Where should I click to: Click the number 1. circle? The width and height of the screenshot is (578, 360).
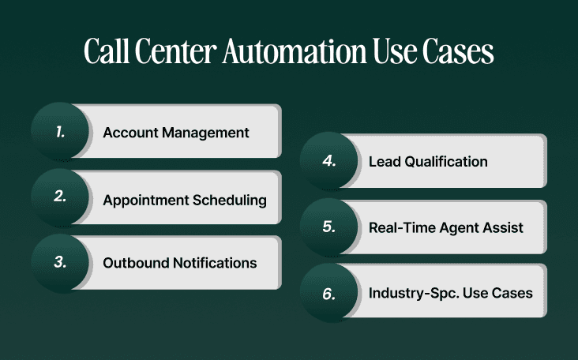point(61,132)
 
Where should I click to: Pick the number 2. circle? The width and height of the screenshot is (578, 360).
point(61,197)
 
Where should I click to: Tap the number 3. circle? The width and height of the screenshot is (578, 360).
point(61,262)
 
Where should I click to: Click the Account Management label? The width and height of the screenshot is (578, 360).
point(176,133)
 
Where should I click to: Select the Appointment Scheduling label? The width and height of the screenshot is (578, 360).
point(185,199)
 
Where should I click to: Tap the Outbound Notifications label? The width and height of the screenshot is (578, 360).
point(180,263)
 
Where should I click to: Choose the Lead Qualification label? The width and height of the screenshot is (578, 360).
point(428,162)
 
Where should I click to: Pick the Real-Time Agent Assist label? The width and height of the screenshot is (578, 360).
point(446,227)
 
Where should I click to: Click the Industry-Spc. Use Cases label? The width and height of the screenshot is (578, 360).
point(451,293)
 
